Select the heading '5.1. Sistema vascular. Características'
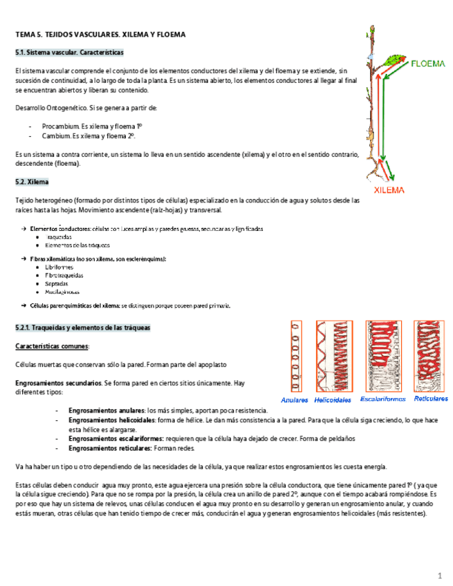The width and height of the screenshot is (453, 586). tap(70, 53)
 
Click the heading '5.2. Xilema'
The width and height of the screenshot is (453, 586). tap(32, 182)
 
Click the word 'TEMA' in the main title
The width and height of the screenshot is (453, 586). tap(26, 34)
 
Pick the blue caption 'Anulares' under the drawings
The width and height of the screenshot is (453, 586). tap(296, 399)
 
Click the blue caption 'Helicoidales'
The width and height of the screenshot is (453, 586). tap(333, 399)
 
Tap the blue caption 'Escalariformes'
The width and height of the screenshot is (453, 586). tap(382, 399)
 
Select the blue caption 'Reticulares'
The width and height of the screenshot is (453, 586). tap(430, 399)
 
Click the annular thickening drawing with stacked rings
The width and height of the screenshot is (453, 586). tap(296, 357)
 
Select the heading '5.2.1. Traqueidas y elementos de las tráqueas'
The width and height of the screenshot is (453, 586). tap(83, 327)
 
